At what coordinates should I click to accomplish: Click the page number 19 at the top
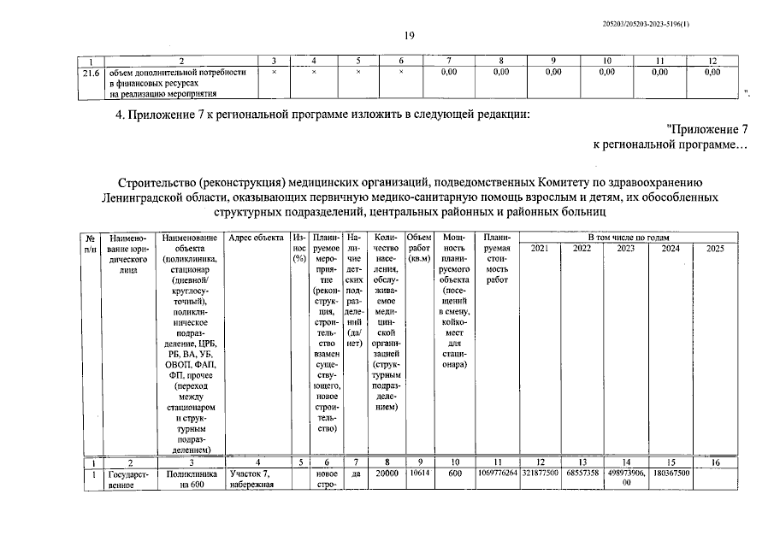(409, 35)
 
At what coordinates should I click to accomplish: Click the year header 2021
(540, 248)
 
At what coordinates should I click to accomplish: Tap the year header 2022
(582, 248)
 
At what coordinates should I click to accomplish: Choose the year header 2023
(625, 248)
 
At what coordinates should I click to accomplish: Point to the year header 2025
(715, 248)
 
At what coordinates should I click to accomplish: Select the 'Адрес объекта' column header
(257, 237)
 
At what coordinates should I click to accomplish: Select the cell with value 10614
(419, 472)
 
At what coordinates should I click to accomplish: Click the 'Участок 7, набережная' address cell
(252, 478)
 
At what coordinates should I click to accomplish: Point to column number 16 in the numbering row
(715, 461)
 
